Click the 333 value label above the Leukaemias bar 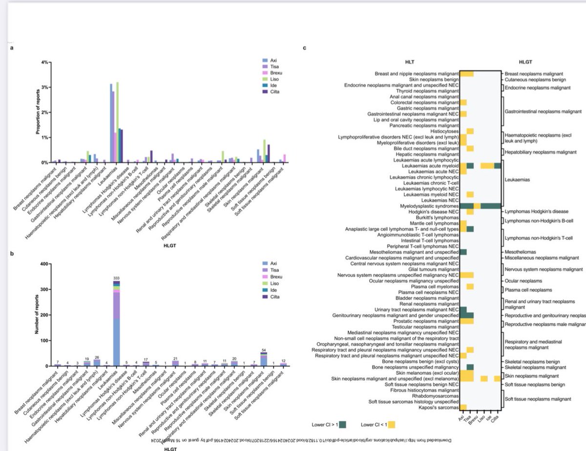point(116,278)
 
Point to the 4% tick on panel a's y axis point(44,62)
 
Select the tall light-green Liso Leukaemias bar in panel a point(117,123)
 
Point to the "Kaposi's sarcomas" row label point(440,406)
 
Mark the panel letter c point(305,48)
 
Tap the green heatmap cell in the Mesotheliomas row point(463,252)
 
